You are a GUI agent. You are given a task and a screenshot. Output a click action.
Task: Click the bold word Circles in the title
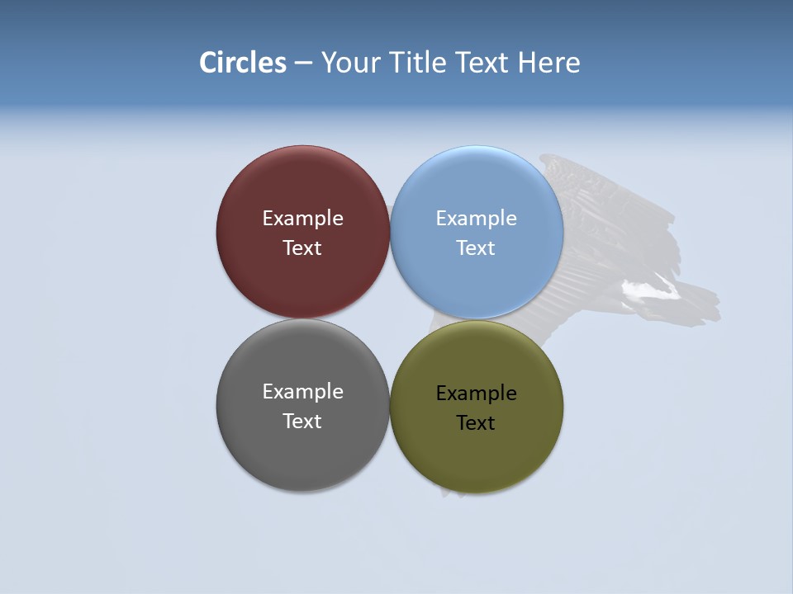point(243,63)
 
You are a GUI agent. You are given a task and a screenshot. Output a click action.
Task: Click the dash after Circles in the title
point(303,64)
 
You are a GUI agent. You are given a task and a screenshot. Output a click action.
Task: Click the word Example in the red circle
point(302,219)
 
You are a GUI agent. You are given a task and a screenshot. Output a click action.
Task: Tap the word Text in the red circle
point(302,248)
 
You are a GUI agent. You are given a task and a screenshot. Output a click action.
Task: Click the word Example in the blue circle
point(476,219)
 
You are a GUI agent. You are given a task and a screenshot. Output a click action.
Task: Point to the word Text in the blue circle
point(476,248)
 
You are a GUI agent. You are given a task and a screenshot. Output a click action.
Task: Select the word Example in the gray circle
point(302,392)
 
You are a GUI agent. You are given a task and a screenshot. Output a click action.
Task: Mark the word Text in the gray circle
point(302,422)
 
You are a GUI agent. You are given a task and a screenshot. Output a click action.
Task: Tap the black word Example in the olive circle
point(476,394)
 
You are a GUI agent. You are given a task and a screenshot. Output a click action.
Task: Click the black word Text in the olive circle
point(476,423)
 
